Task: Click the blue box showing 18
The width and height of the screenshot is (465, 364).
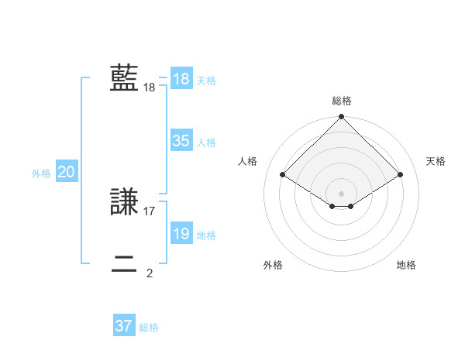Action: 181,79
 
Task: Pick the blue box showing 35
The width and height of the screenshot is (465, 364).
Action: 181,141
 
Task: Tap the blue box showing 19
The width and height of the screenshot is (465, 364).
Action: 181,234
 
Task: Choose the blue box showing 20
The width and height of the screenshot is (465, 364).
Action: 66,172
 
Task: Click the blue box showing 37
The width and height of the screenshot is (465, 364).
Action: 123,326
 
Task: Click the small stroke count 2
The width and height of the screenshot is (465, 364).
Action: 150,273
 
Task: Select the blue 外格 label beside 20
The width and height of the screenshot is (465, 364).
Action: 41,173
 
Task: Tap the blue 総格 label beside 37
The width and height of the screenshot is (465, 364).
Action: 149,328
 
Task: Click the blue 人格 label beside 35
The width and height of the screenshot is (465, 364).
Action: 207,143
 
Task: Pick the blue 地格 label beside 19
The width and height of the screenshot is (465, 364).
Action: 207,235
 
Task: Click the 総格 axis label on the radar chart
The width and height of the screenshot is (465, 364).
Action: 342,101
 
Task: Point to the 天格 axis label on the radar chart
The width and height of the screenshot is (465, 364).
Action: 436,161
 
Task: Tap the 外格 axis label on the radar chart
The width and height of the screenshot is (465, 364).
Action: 273,265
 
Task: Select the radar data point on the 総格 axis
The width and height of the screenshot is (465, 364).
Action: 342,118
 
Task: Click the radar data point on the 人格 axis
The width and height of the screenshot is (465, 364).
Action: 283,175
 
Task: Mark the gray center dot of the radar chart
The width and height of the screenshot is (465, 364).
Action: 342,193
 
